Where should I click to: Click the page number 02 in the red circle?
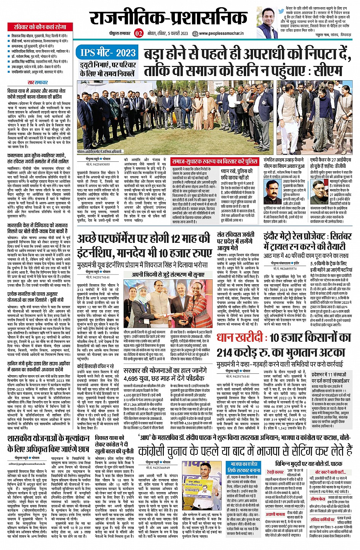coord(138,33)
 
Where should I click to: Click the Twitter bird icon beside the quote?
coord(281,12)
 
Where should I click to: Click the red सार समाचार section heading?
coord(38,83)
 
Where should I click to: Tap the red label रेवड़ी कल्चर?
coord(275,472)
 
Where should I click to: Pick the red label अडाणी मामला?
coord(275,514)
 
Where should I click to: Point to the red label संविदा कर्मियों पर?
coord(322,519)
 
